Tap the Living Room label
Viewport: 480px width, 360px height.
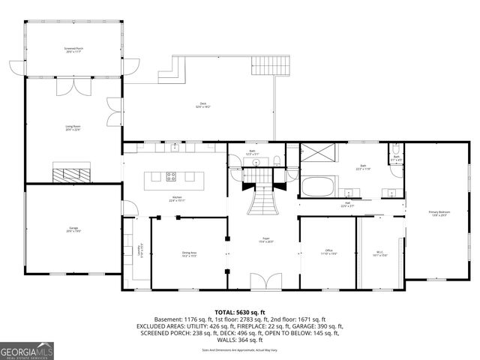click(x=73, y=128)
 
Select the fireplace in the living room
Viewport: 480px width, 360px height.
click(x=73, y=173)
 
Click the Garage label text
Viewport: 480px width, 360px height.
click(x=73, y=230)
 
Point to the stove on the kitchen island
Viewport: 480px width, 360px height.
click(x=171, y=177)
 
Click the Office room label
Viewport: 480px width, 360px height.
click(x=328, y=251)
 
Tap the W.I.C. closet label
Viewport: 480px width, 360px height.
click(x=379, y=253)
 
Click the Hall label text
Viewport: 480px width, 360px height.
click(x=347, y=204)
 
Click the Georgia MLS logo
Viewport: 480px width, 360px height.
click(x=27, y=350)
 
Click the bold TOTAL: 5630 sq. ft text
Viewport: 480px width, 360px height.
click(x=240, y=312)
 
